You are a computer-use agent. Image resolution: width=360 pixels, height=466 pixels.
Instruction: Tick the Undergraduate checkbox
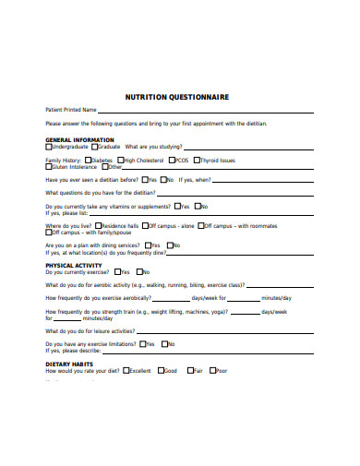[x=49, y=147]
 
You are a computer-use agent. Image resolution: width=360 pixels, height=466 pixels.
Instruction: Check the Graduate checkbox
[x=94, y=147]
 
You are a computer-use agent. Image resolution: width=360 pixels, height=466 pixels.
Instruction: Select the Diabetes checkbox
[x=89, y=160]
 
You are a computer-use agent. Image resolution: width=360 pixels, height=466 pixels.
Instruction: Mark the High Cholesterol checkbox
[x=121, y=160]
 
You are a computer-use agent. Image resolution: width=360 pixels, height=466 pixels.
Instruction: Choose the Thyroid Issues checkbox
[x=196, y=160]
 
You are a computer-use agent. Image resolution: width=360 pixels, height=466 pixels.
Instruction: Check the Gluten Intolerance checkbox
[x=49, y=167]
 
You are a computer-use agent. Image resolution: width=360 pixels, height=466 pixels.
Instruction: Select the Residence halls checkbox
[x=98, y=225]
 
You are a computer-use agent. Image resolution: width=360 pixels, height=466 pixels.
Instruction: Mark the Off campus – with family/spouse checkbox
[x=49, y=233]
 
